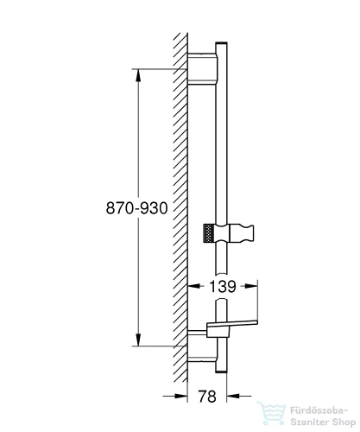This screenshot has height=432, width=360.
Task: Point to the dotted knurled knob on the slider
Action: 207,232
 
